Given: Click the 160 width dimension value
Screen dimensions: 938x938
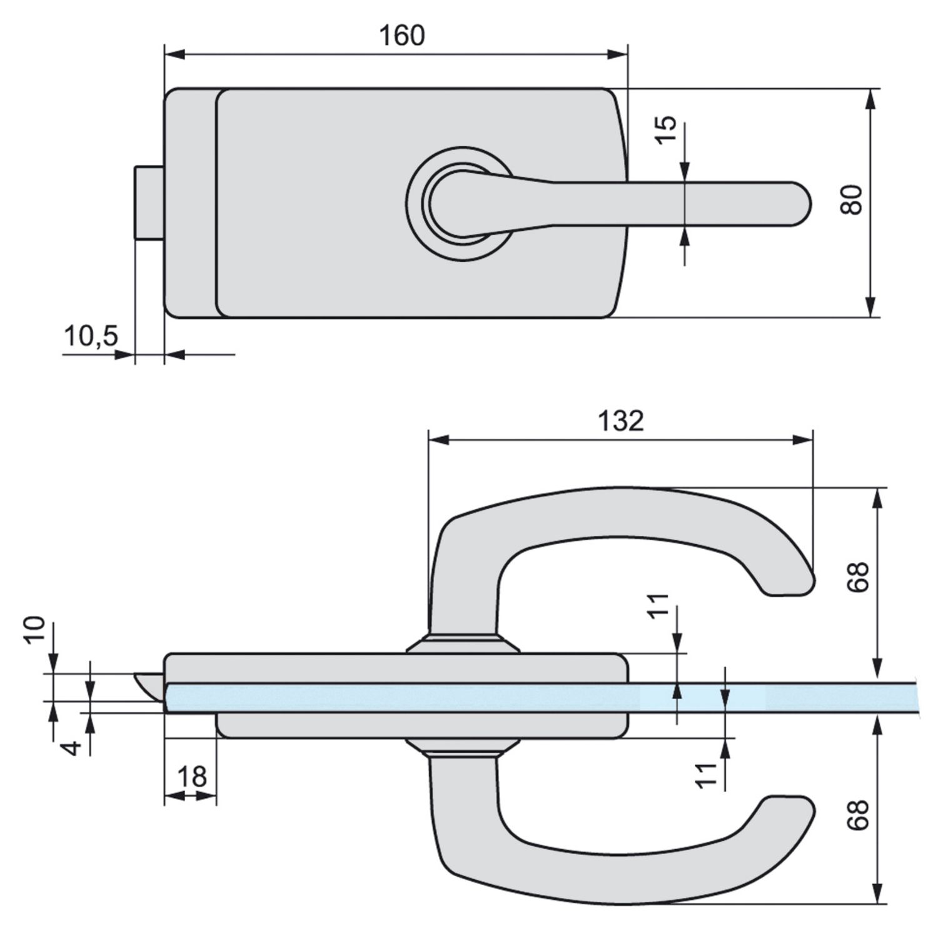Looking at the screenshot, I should (x=402, y=36).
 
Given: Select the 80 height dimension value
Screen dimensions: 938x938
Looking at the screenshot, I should (x=852, y=200).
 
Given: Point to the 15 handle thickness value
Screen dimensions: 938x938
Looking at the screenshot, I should (x=667, y=129).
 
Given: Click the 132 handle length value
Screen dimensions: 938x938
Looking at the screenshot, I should (x=620, y=421).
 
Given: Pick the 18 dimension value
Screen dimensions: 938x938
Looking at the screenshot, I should (x=191, y=777).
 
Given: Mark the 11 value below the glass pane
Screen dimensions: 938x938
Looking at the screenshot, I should (x=707, y=775).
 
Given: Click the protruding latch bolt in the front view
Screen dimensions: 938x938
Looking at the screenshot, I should (x=149, y=203).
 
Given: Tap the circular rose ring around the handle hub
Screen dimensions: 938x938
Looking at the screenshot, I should (x=416, y=203).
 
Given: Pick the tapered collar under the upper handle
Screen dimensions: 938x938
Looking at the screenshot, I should (x=463, y=644).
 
